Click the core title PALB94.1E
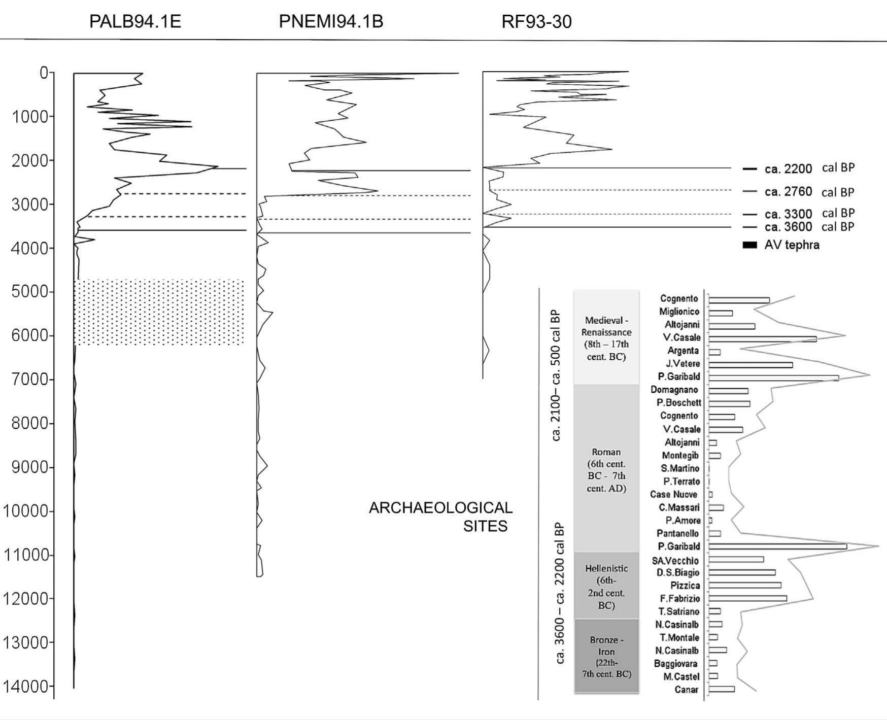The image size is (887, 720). [x=135, y=21]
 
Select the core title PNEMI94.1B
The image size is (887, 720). [x=331, y=21]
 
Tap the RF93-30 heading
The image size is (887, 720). [x=536, y=21]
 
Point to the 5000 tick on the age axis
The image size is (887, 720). [x=31, y=292]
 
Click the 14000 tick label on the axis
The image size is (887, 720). [x=26, y=687]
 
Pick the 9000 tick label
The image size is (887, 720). [x=31, y=467]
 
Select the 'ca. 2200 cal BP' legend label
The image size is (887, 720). [x=809, y=168]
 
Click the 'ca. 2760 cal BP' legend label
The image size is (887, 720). [x=809, y=192]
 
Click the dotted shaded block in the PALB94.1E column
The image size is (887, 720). [x=159, y=312]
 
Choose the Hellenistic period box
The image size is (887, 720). [x=606, y=586]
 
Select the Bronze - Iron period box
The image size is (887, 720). [x=606, y=656]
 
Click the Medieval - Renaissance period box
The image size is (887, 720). [x=606, y=337]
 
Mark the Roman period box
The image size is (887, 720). [x=606, y=469]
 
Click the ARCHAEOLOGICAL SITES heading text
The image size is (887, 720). [x=440, y=517]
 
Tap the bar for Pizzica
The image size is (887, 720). [x=744, y=585]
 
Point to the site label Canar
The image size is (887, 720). [x=686, y=690]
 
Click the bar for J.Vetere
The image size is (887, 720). [x=750, y=364]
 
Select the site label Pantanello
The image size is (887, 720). [x=677, y=533]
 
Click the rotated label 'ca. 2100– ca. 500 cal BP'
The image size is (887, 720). [x=556, y=375]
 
